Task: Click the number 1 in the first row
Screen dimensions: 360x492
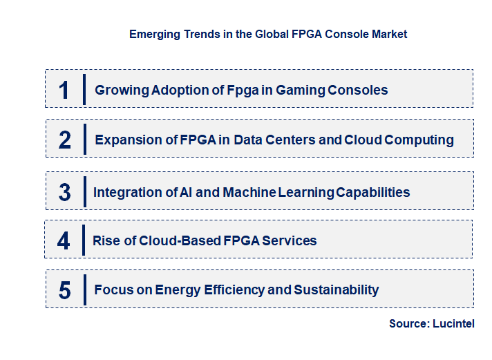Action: point(64,91)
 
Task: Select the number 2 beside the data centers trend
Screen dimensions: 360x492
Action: point(65,140)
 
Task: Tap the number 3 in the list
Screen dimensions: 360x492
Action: point(64,192)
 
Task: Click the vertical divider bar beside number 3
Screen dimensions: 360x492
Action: point(84,191)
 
